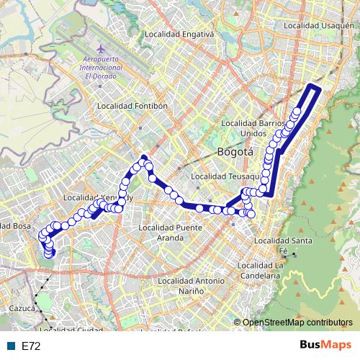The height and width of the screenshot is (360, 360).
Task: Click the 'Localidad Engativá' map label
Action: coord(179,34)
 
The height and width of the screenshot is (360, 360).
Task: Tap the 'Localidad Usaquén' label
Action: coord(320,25)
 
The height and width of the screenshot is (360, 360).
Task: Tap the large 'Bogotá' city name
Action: coord(235,152)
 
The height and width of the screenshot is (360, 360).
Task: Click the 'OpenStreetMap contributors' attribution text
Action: coord(297,323)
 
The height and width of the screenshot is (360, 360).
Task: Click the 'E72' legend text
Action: coord(32,346)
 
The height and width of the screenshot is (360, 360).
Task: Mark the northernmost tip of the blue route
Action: coord(312,86)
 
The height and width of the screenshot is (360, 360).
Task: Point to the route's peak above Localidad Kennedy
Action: coord(143,157)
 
